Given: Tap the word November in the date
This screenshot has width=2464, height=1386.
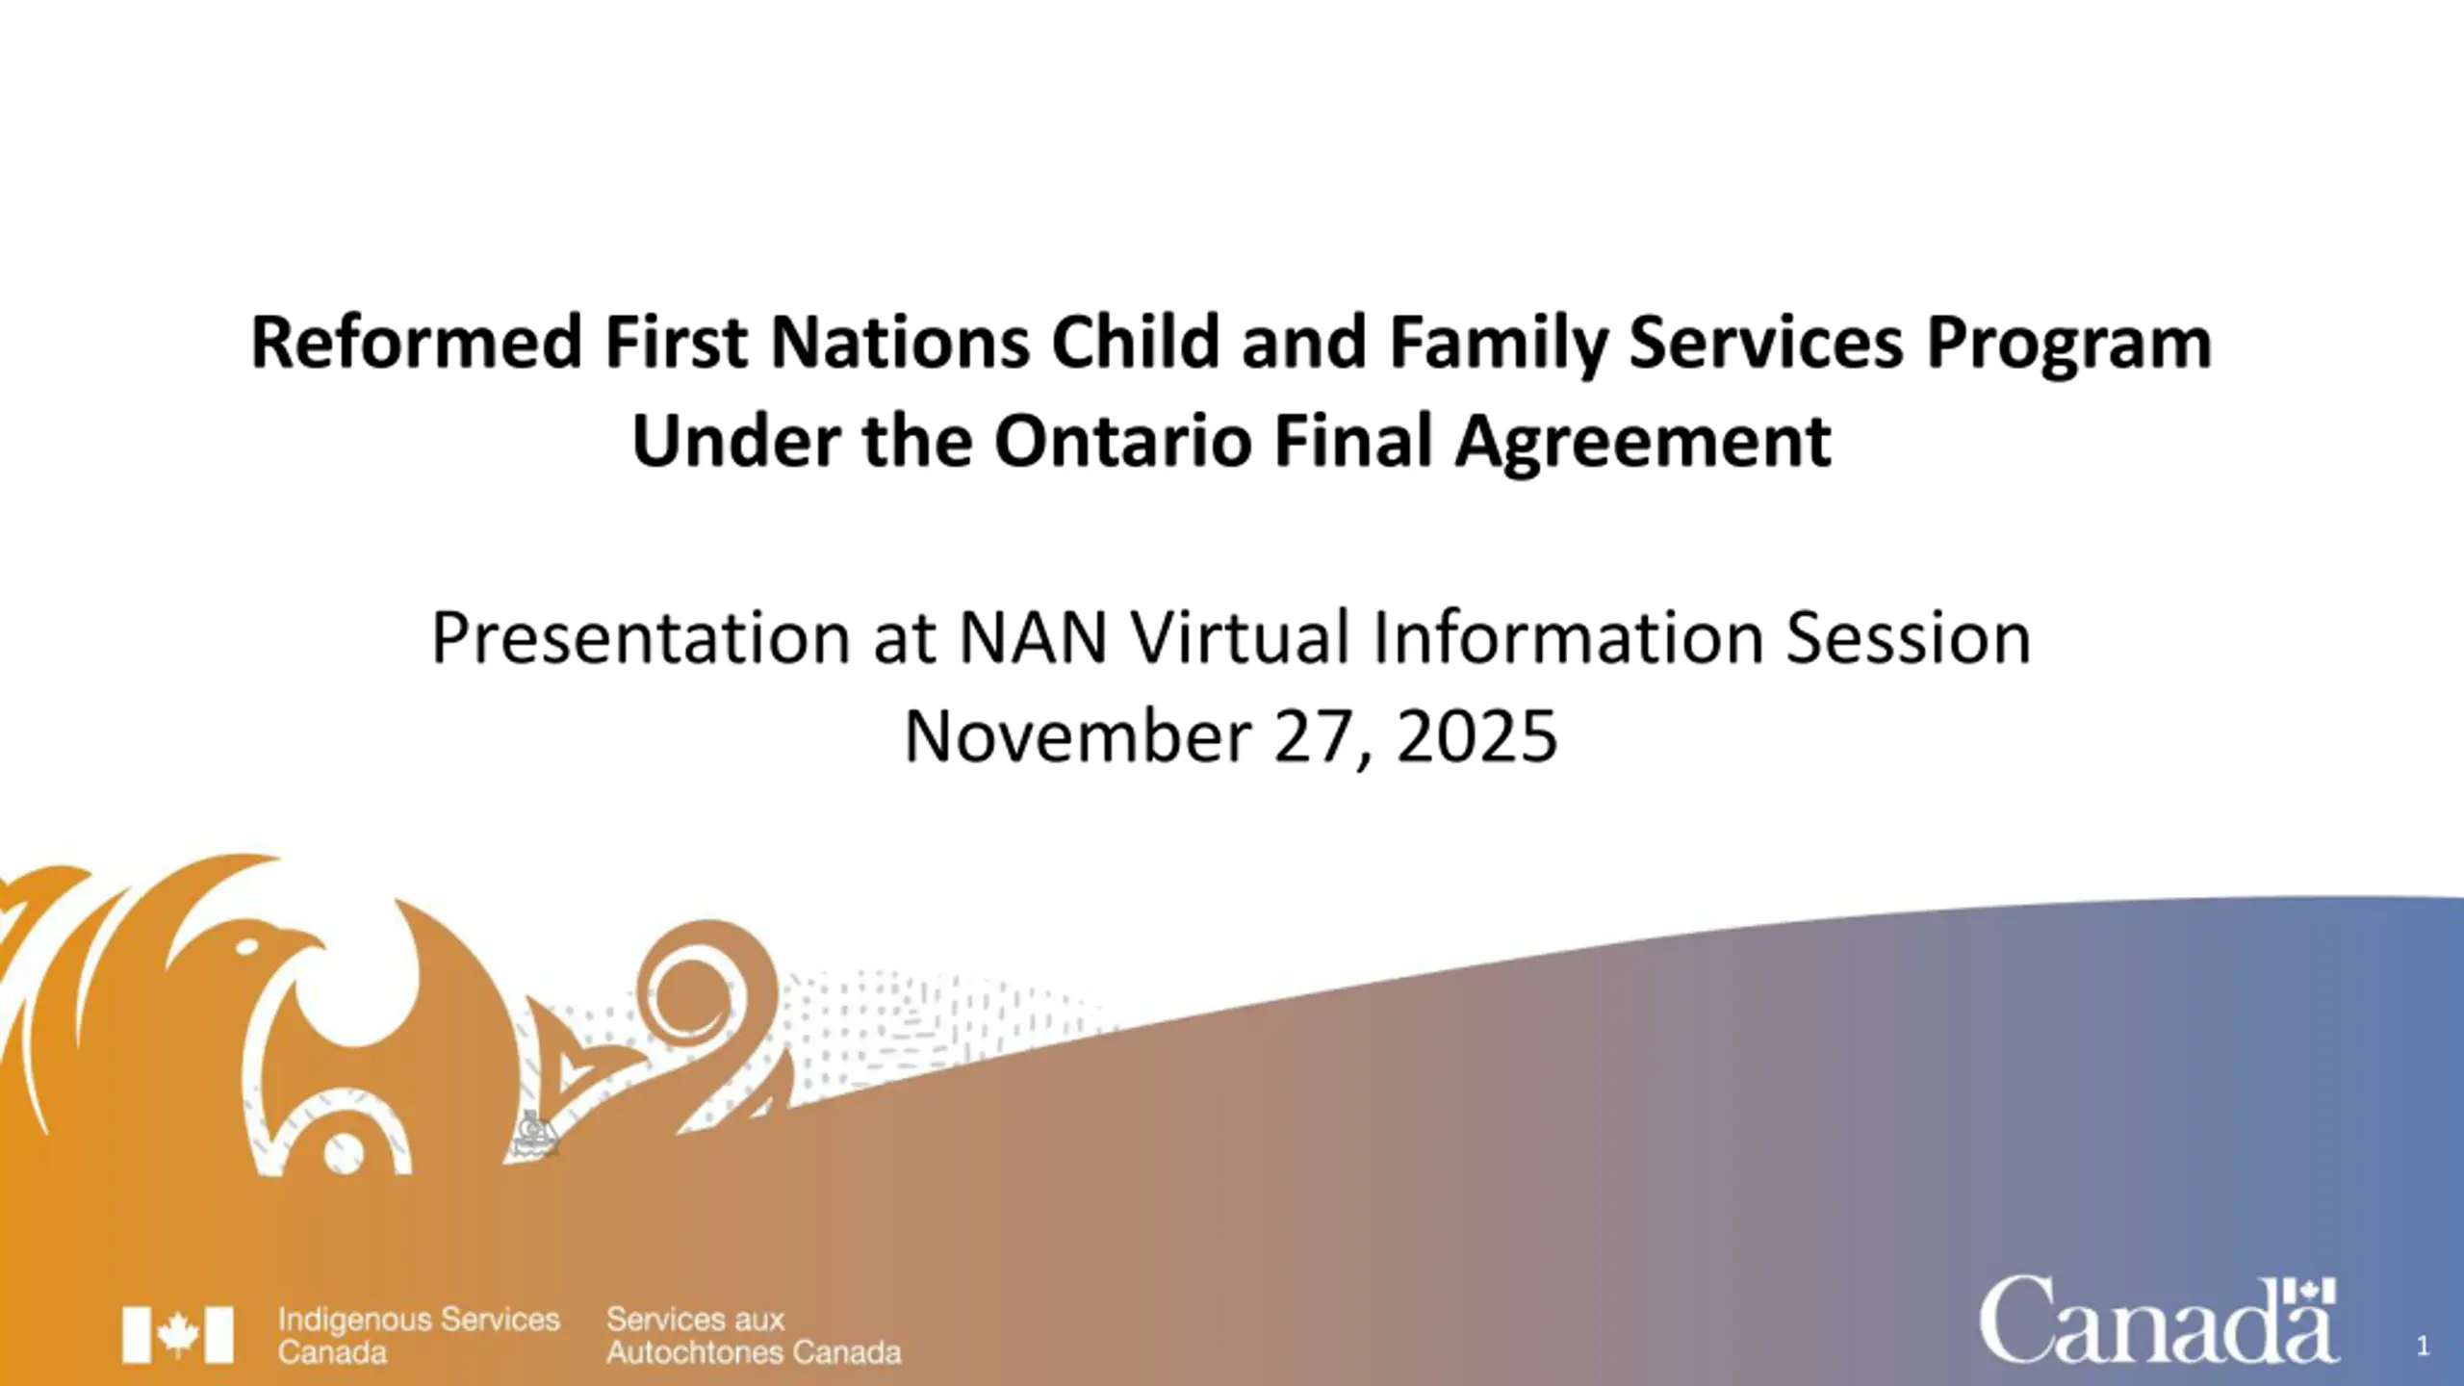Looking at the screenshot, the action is click(x=1077, y=736).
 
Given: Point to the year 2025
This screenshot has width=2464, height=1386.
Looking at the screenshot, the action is click(x=1476, y=736).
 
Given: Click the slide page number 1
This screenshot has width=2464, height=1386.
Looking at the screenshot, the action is click(x=2424, y=1346).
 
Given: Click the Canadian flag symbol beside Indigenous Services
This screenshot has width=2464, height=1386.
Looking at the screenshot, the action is click(x=178, y=1334).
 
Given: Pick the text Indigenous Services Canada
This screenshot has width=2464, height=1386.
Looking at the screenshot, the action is click(x=419, y=1335).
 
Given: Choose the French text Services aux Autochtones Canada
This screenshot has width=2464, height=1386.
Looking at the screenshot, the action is click(x=754, y=1335).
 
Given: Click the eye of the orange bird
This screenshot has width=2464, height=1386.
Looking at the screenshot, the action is click(x=247, y=947).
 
